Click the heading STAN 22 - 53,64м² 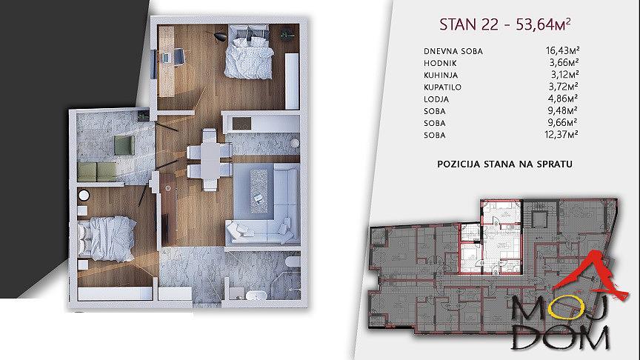point(504,24)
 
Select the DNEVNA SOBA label point(453,51)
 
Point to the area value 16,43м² point(562,50)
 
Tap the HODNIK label point(440,63)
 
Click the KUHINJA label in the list point(441,75)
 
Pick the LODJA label point(436,99)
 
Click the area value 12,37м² point(561,134)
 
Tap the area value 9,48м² point(563,110)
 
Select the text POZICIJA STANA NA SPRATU point(505,164)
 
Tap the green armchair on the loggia point(124,145)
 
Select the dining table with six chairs point(210,159)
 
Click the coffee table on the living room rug point(259,190)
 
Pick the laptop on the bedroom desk point(166,58)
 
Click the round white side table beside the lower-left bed point(84,196)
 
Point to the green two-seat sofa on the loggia point(97,171)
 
